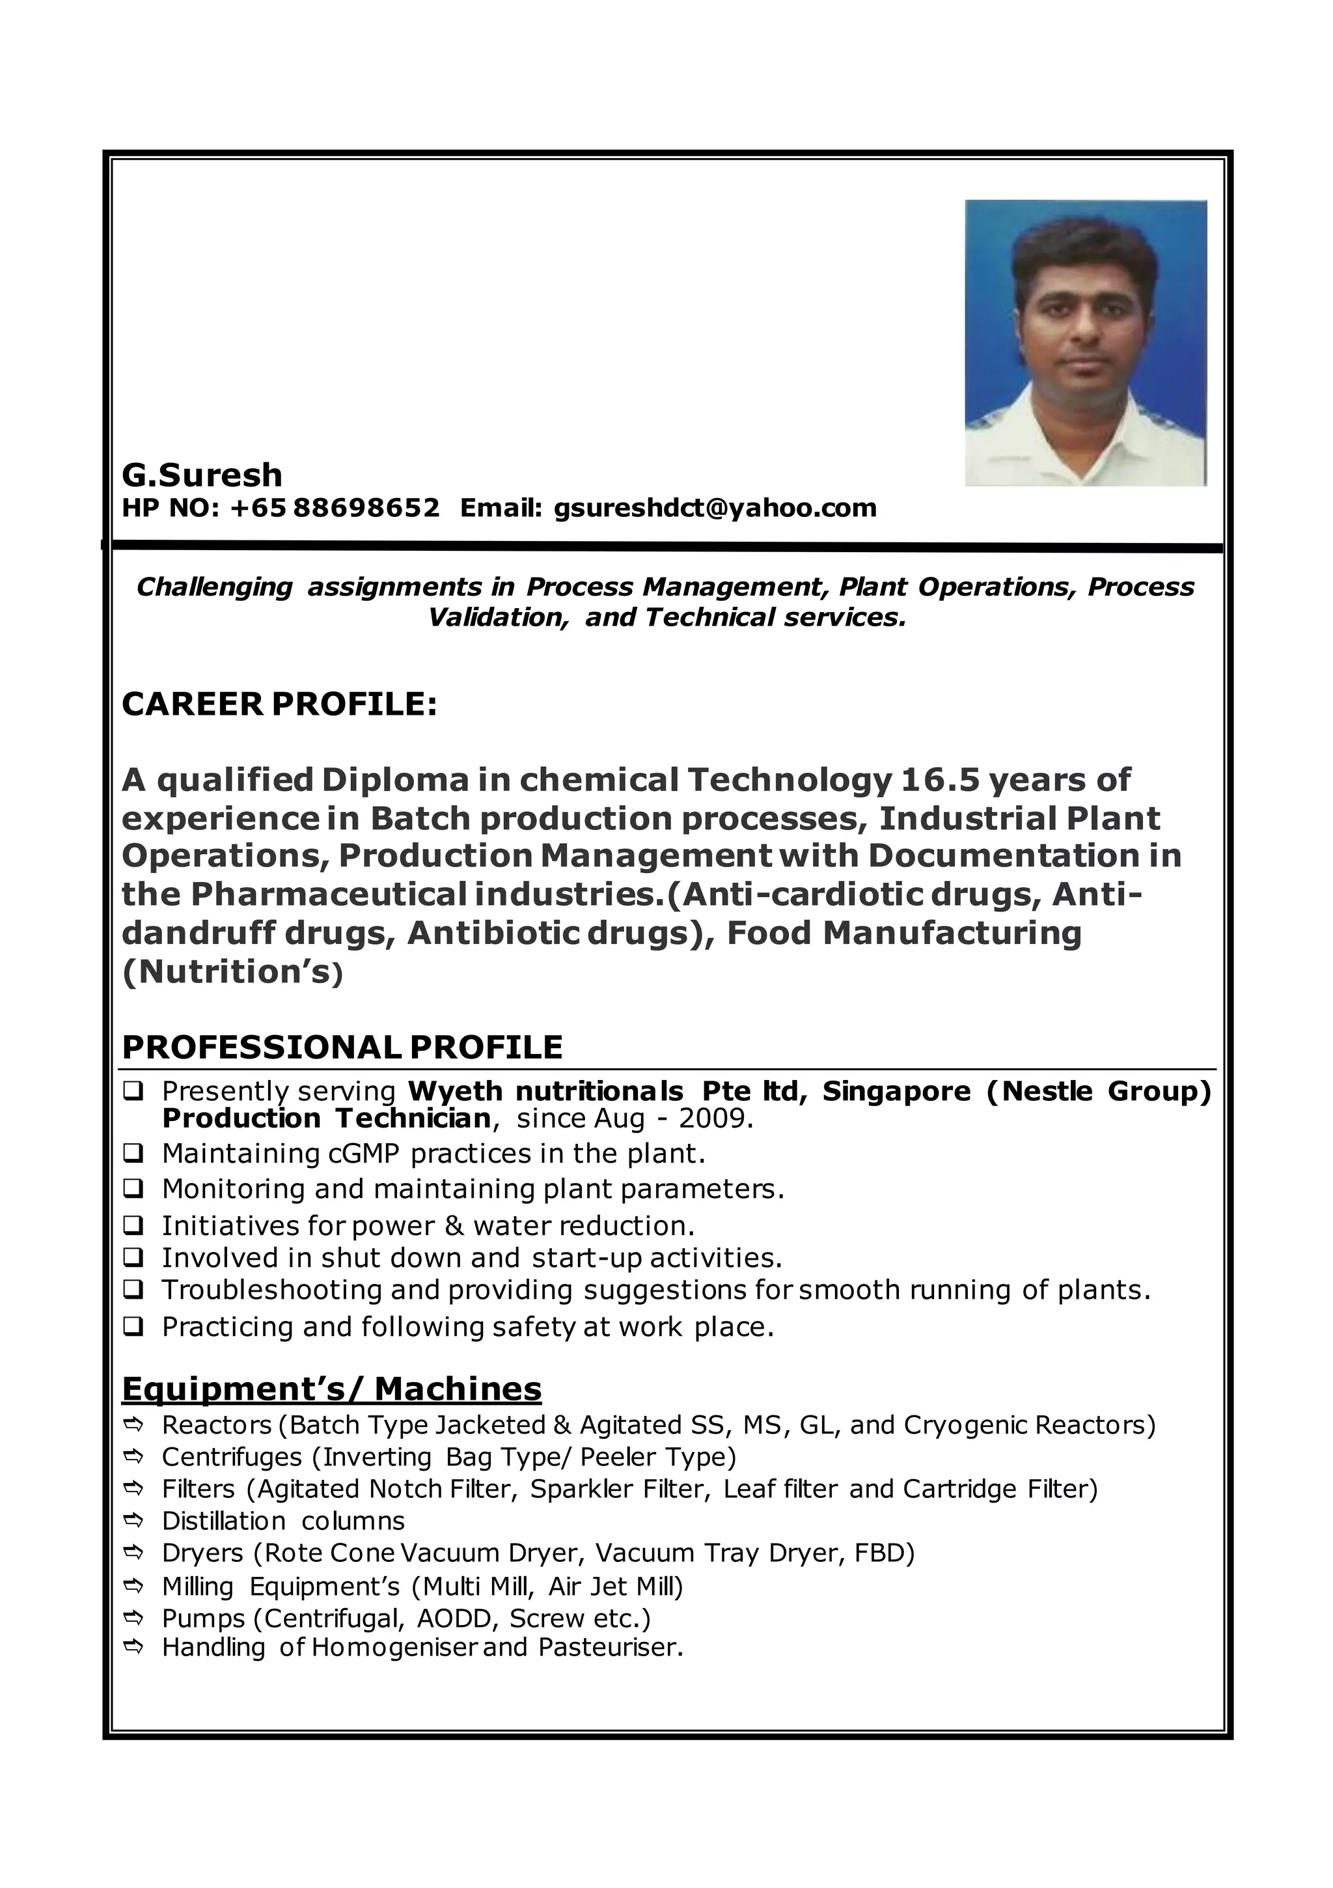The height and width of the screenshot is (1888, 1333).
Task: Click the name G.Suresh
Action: click(x=202, y=475)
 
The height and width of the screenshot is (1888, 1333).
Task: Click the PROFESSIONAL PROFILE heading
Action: click(x=342, y=1048)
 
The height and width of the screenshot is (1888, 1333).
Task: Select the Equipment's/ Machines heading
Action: click(x=331, y=1389)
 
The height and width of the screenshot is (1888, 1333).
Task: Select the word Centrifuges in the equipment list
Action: click(x=232, y=1457)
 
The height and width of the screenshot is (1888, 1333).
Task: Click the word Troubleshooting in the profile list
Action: click(x=271, y=1289)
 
